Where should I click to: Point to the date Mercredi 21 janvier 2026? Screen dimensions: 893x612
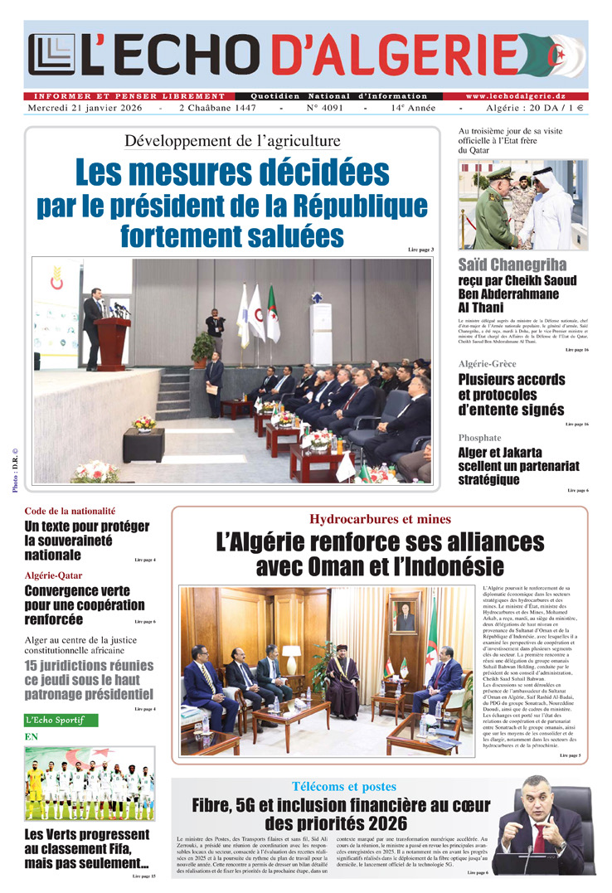pyautogui.click(x=84, y=109)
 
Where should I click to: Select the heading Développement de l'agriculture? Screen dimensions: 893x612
pyautogui.click(x=231, y=139)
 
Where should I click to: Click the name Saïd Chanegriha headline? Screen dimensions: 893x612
pyautogui.click(x=512, y=265)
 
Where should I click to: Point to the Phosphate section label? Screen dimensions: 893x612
pyautogui.click(x=479, y=437)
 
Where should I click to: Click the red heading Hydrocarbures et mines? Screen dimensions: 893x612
pyautogui.click(x=380, y=520)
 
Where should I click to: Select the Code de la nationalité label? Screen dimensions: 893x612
pyautogui.click(x=70, y=512)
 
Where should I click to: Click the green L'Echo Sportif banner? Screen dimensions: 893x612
pyautogui.click(x=61, y=721)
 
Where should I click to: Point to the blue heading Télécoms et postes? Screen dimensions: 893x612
pyautogui.click(x=343, y=786)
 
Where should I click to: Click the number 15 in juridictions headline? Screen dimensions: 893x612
pyautogui.click(x=33, y=665)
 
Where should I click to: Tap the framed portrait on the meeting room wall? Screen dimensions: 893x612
pyautogui.click(x=405, y=618)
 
